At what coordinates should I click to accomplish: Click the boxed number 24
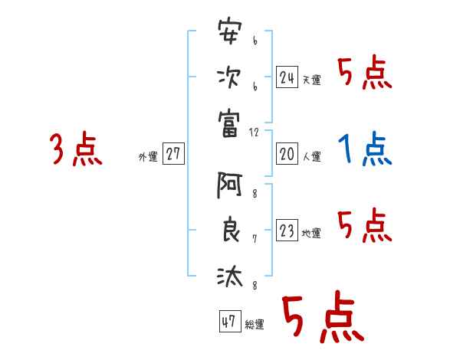[x=287, y=77]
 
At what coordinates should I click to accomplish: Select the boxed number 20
[x=287, y=155]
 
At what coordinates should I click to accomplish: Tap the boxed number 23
[x=287, y=231]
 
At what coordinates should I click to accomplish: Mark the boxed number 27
[x=173, y=155]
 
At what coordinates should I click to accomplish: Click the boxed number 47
[x=229, y=322]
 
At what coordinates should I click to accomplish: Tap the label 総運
[x=255, y=325]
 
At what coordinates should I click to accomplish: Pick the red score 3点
[x=75, y=149]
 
